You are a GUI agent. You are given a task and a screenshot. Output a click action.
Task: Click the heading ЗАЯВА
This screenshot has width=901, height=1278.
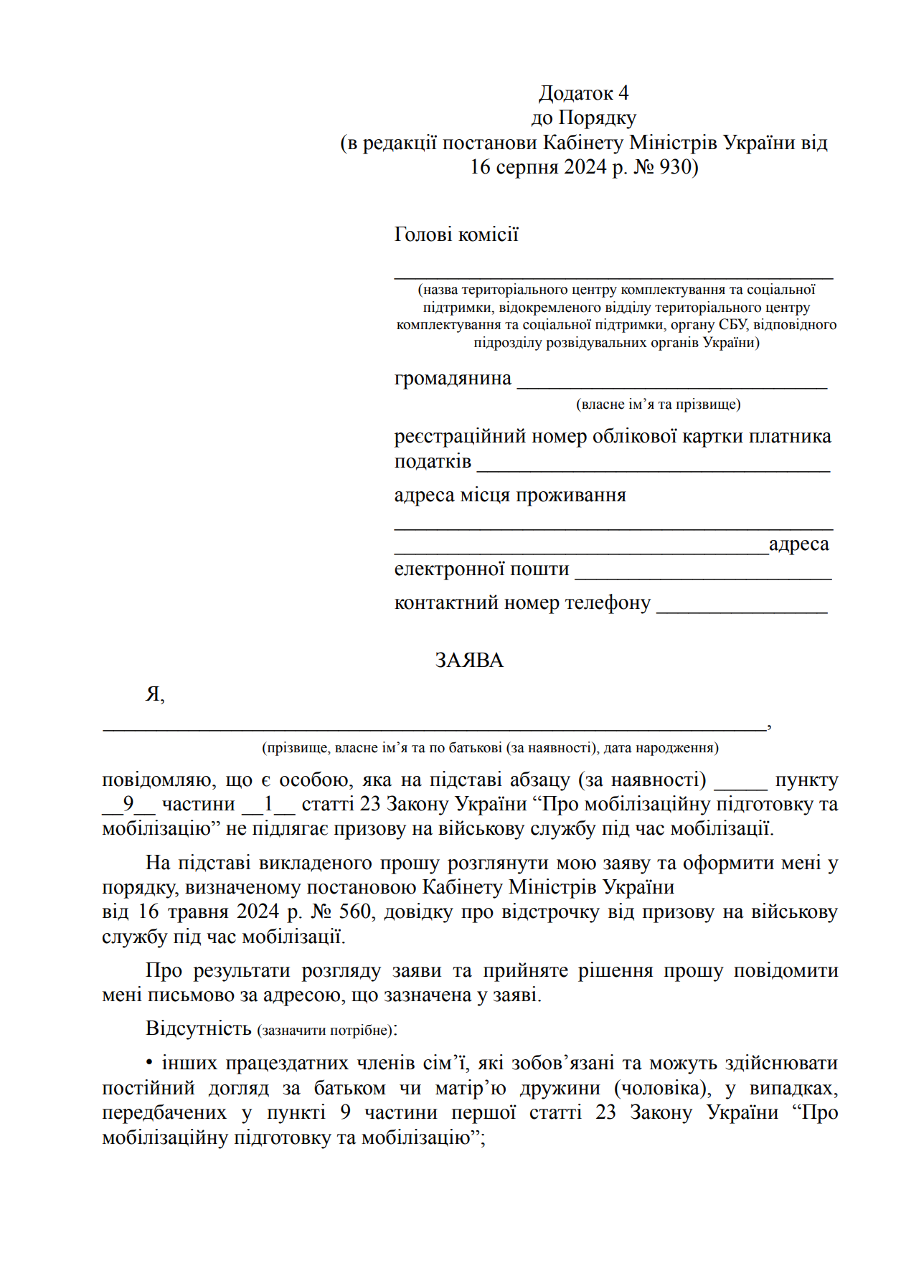(469, 660)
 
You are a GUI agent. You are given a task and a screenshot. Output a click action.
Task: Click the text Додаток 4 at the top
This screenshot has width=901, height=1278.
(583, 93)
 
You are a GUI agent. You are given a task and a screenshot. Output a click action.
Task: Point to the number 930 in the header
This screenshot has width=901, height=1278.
(674, 167)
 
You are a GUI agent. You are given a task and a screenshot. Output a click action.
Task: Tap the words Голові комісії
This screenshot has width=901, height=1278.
(456, 235)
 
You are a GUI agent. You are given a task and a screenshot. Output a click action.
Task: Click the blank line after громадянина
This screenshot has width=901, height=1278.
(672, 384)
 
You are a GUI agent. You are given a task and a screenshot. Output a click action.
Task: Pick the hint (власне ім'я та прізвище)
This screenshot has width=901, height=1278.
(658, 404)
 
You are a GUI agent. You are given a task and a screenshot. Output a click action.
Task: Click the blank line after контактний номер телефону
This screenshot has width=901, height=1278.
(742, 609)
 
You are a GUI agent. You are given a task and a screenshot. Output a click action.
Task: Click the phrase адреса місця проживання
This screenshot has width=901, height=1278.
(510, 495)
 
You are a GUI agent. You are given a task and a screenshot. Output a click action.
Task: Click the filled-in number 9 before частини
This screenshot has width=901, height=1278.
(128, 804)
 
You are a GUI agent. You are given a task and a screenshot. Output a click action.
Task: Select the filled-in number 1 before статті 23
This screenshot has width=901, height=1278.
(268, 804)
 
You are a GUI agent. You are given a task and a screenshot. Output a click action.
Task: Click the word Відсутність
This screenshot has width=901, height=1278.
(198, 1028)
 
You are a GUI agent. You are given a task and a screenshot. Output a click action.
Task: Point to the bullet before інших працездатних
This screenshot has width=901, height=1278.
(150, 1064)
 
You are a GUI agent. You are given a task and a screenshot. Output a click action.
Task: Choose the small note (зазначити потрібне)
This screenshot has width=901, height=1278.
(325, 1031)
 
